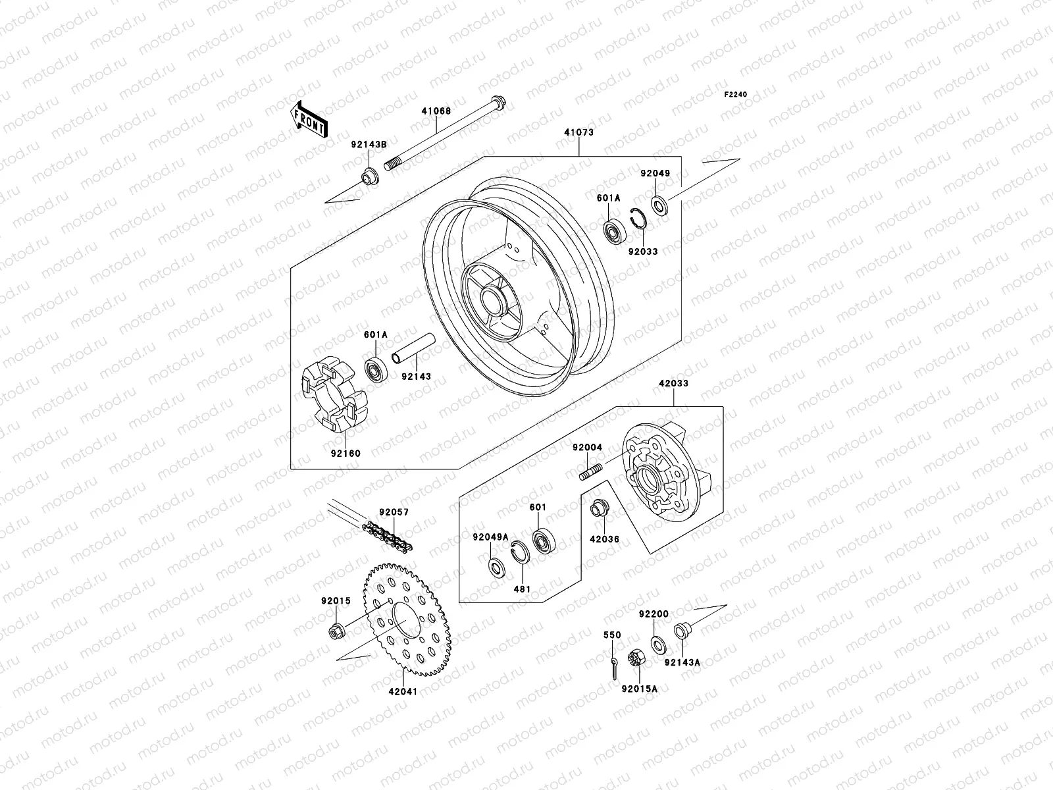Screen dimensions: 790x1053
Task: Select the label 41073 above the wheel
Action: click(x=578, y=132)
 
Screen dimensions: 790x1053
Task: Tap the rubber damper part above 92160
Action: click(x=328, y=394)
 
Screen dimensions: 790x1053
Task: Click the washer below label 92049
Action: click(x=660, y=205)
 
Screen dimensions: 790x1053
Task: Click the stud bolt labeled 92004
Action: click(x=592, y=471)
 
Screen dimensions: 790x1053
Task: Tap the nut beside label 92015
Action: click(x=336, y=631)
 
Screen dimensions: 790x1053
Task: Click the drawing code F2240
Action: click(x=736, y=95)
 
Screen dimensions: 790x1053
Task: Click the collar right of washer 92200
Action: click(x=682, y=631)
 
